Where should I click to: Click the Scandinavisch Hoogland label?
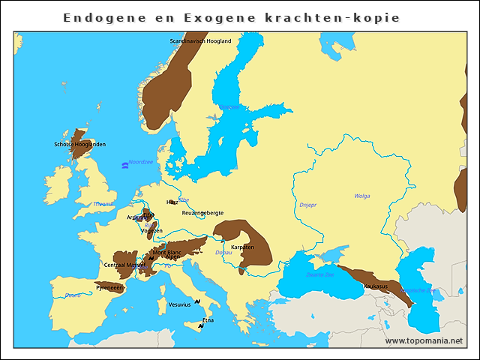[x=200, y=40]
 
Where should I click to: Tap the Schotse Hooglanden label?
[x=79, y=144]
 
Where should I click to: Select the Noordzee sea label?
[x=140, y=162]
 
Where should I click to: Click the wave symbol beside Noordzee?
[x=124, y=165]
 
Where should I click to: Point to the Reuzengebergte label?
[x=202, y=213]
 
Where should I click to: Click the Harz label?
[x=172, y=202]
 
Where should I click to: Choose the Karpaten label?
[x=242, y=247]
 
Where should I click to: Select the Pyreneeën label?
[x=109, y=288]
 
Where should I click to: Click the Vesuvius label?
[x=179, y=304]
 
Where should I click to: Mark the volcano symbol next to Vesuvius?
[x=196, y=301]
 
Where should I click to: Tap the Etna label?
[x=208, y=320]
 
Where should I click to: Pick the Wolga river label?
[x=362, y=196]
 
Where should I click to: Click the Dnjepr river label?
[x=307, y=203]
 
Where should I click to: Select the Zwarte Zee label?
[x=320, y=274]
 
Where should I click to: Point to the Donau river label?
[x=223, y=253]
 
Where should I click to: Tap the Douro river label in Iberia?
[x=73, y=295]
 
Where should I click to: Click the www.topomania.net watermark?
[x=424, y=340]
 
